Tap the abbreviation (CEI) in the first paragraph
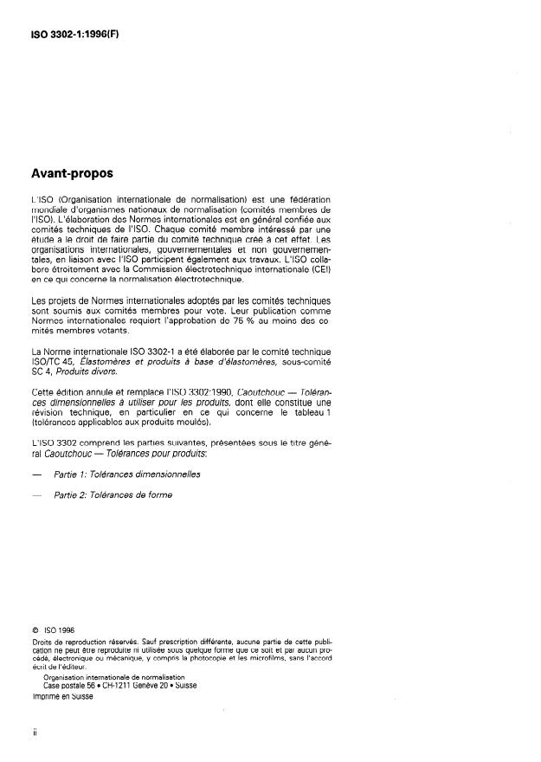click(322, 268)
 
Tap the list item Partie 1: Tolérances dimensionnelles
click(126, 475)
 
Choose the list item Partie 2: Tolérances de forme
click(113, 495)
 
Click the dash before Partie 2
click(35, 495)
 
